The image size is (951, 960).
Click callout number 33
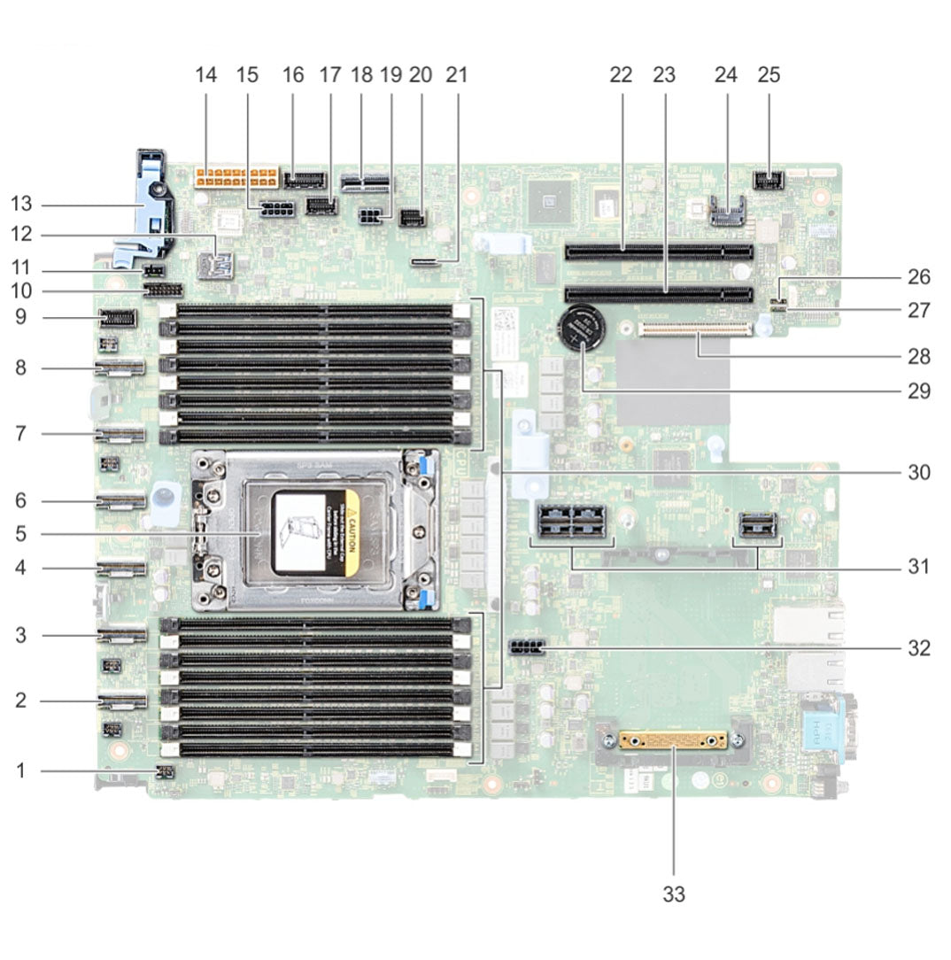tap(674, 894)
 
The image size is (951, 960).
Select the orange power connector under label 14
tap(235, 174)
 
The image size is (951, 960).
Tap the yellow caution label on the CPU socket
tap(352, 530)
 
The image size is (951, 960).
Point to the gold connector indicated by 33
tap(673, 739)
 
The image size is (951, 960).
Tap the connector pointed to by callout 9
tap(117, 317)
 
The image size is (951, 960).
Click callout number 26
tap(918, 277)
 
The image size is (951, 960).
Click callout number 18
tap(361, 75)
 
